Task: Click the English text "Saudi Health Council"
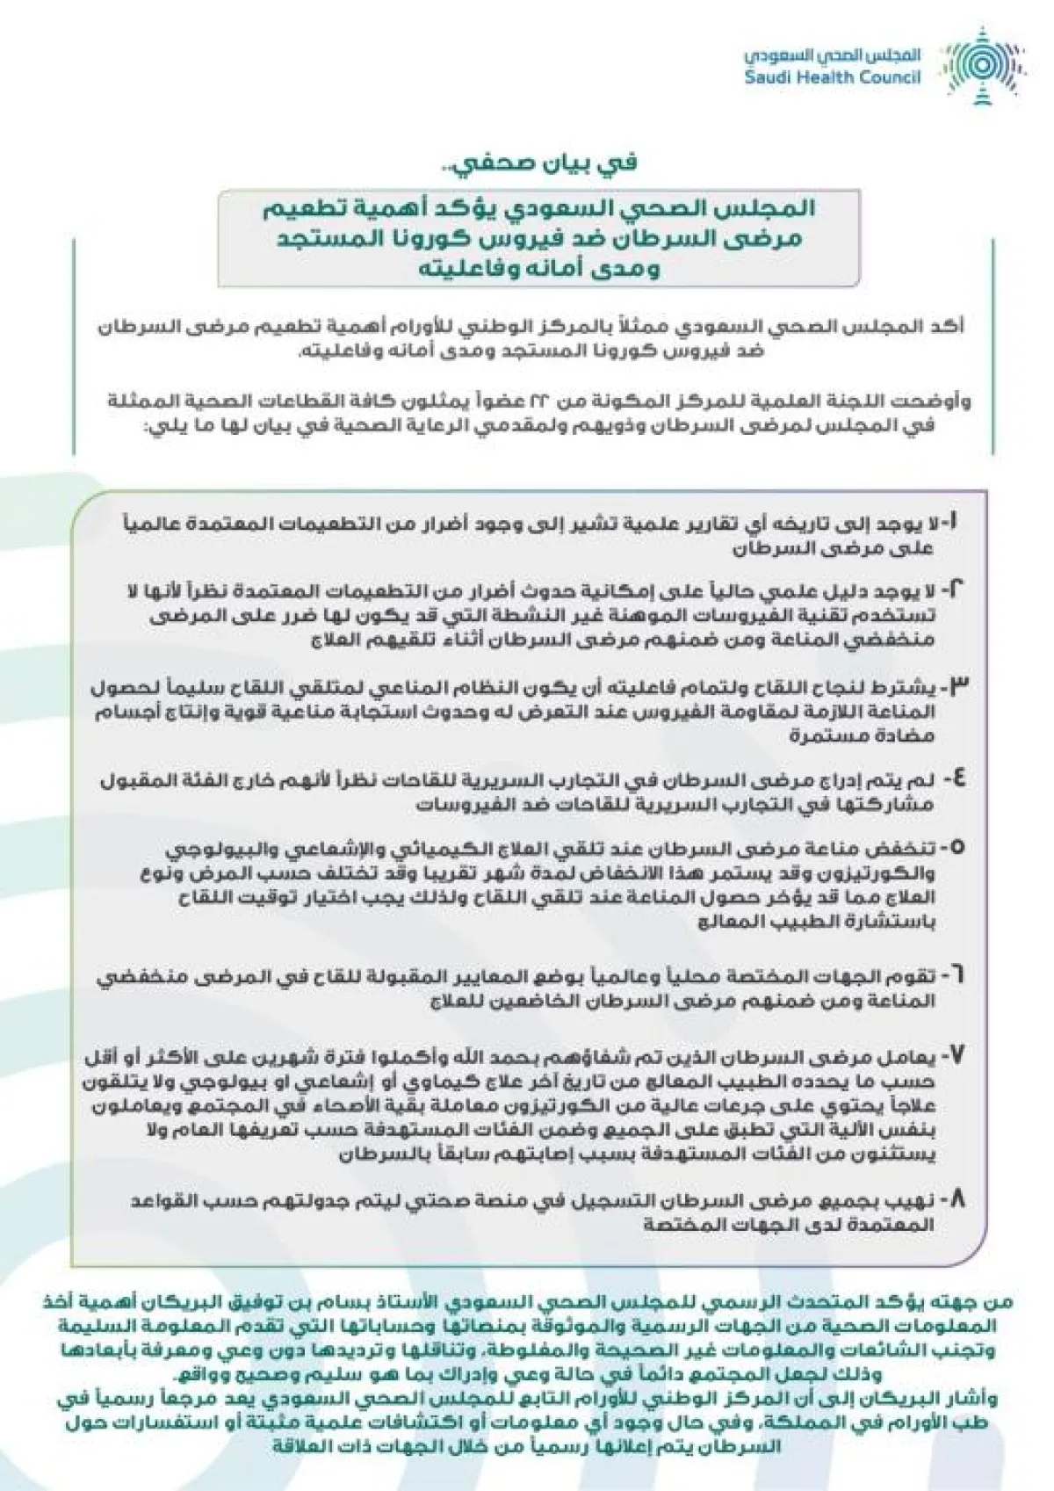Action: click(x=832, y=77)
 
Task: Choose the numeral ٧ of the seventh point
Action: click(x=955, y=1055)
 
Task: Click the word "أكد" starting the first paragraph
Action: click(x=948, y=326)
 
